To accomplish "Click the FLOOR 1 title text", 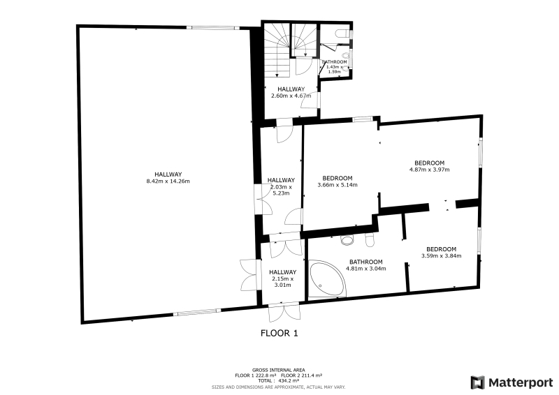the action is coord(279,334).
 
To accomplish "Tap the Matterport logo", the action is coord(511,382).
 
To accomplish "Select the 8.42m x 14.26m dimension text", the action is coord(168,181).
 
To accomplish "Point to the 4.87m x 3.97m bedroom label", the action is coord(429,166).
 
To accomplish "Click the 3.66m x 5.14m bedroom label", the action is coord(337,181).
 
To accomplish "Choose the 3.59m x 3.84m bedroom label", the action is coord(442,252).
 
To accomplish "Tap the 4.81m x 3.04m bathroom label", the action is coord(365,265).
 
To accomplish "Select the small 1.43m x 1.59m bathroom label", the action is coord(335,66).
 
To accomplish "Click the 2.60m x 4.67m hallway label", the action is coord(291,92).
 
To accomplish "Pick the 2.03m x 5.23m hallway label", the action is coord(282,186).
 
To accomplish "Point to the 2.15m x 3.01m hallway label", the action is coord(283,278).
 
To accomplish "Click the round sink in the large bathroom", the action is coord(347,240).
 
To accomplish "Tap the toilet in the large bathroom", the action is coord(370,240).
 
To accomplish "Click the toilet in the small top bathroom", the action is coord(343,33).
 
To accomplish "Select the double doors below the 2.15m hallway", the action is coord(284,313).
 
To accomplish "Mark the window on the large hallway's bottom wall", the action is coord(197,313).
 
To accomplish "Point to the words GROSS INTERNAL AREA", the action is coord(278,370).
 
